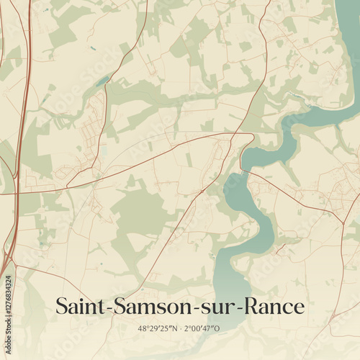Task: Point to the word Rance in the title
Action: pyautogui.click(x=272, y=306)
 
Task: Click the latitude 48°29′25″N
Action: pyautogui.click(x=156, y=328)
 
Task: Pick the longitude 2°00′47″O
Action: pyautogui.click(x=202, y=328)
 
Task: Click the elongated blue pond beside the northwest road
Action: pyautogui.click(x=101, y=81)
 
